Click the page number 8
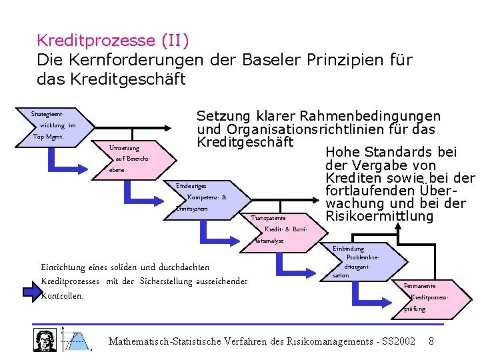point(431,341)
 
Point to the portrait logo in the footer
point(45,339)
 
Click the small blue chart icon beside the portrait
point(77,340)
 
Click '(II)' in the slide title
point(175,41)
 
